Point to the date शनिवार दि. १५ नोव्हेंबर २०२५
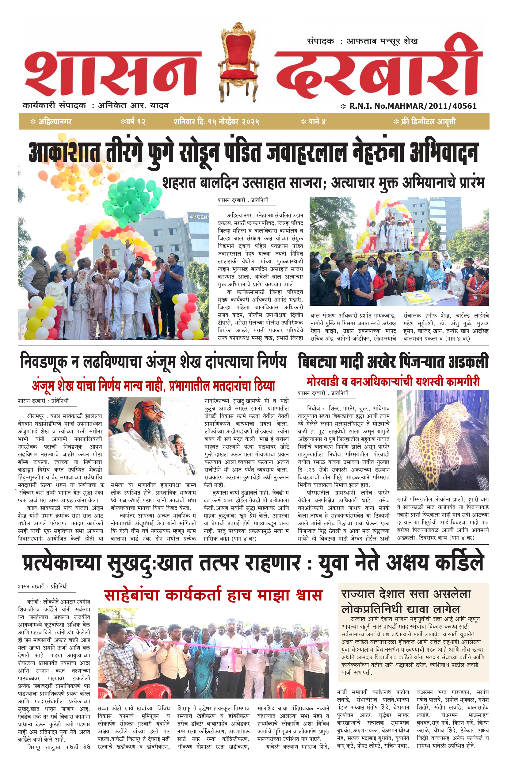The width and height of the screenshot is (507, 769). [216, 122]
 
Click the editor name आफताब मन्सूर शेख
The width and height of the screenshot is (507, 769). [382, 41]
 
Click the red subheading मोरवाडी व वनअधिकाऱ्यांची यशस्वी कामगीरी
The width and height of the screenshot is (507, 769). [393, 382]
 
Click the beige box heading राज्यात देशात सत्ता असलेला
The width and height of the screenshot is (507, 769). [406, 594]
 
